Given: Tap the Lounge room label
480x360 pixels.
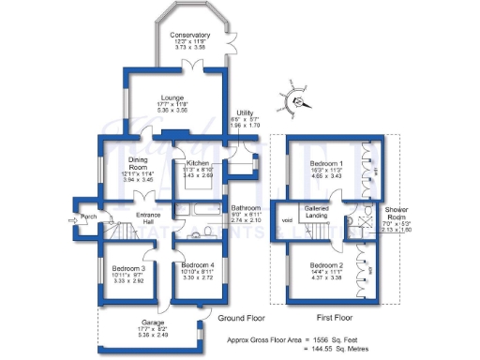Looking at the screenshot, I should tap(171, 97).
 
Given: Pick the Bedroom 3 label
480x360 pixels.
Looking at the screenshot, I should tap(128, 268).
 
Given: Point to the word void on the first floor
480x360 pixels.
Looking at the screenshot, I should tap(287, 220).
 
